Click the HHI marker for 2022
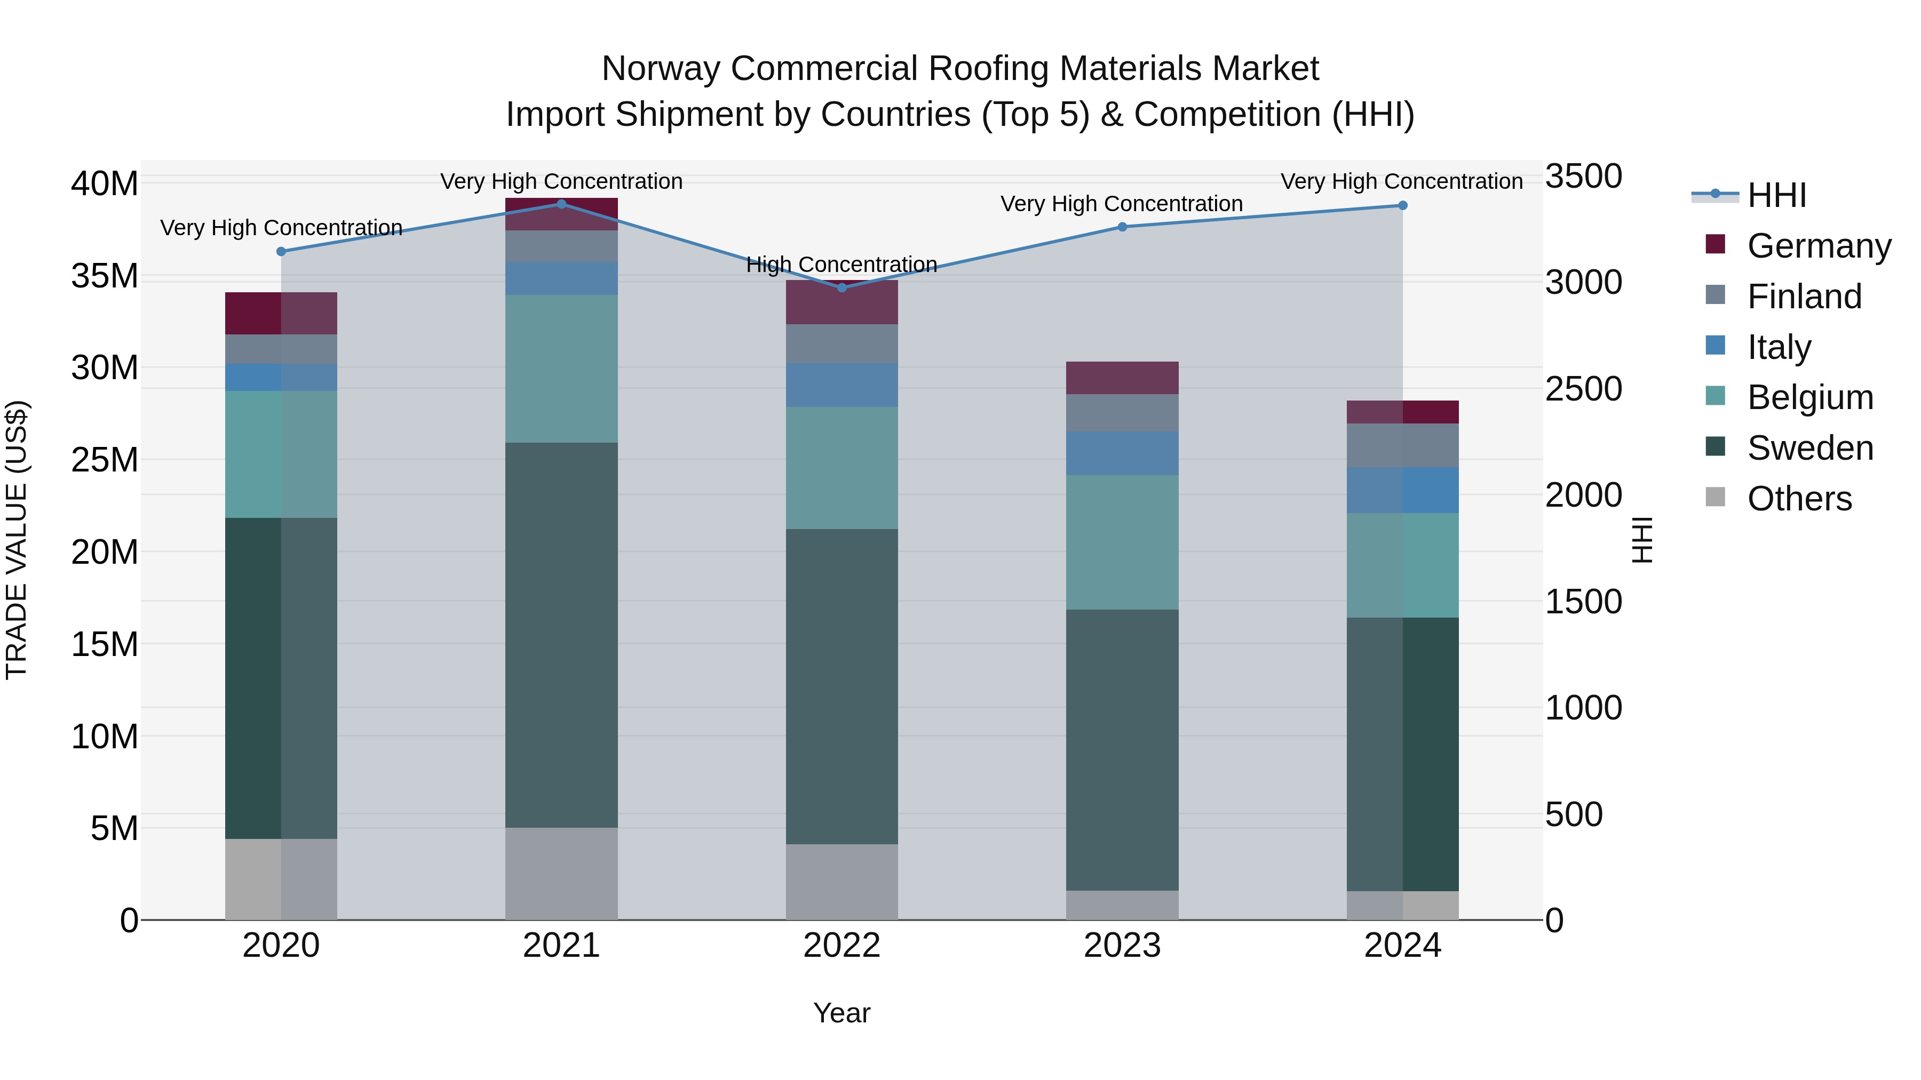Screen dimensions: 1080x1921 (842, 287)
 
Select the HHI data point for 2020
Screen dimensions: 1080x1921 (281, 251)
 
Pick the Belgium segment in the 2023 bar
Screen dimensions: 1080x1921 (1122, 542)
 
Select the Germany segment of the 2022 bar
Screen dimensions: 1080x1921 (842, 302)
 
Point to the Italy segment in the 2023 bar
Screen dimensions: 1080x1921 (1122, 453)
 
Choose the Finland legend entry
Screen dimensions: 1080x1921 (1804, 297)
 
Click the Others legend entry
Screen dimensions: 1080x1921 (1799, 499)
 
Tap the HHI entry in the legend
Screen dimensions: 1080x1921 (1776, 195)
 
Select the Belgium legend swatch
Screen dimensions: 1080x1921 (1715, 396)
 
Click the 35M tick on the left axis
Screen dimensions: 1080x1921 (105, 276)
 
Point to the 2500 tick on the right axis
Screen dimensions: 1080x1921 (1583, 389)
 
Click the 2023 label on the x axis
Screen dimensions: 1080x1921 (1122, 946)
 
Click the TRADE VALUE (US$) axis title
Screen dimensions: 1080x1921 (17, 540)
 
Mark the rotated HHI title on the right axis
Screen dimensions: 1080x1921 (1642, 540)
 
